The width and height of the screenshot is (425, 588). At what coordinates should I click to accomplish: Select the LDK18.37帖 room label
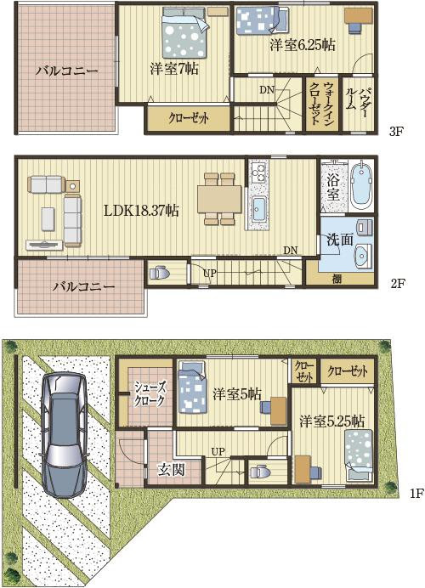140,211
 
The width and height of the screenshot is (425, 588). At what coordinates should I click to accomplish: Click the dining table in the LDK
219,199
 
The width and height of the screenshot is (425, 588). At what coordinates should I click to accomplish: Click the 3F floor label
396,132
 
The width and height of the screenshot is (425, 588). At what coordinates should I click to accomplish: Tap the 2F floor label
396,283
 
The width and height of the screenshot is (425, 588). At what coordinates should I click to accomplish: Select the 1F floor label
416,493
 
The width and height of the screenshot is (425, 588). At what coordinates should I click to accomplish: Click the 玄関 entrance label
171,469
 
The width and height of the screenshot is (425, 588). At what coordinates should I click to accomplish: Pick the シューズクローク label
150,393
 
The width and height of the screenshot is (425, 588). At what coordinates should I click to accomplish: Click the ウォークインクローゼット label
321,103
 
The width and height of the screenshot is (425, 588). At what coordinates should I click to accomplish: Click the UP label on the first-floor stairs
218,451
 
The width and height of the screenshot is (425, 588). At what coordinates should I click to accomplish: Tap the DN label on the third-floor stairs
267,90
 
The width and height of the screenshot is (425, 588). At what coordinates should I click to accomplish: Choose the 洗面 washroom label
340,240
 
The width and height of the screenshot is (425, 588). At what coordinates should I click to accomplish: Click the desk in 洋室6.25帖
358,16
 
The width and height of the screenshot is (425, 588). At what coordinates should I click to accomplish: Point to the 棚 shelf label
337,278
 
